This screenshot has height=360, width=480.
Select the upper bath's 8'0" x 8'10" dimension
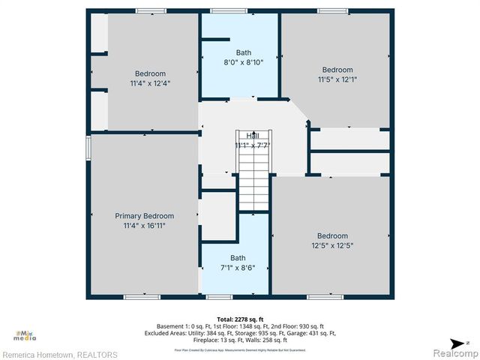(244, 62)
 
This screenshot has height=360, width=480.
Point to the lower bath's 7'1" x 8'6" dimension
(238, 268)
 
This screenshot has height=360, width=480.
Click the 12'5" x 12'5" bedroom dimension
(331, 245)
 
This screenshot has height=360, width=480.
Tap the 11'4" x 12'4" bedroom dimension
(150, 83)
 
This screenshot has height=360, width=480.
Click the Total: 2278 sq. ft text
(239, 319)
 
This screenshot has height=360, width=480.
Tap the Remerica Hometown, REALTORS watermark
(59, 354)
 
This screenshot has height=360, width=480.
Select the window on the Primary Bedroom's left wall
(88, 147)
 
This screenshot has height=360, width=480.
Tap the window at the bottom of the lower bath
(219, 297)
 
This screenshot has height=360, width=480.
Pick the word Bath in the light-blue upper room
(244, 52)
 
